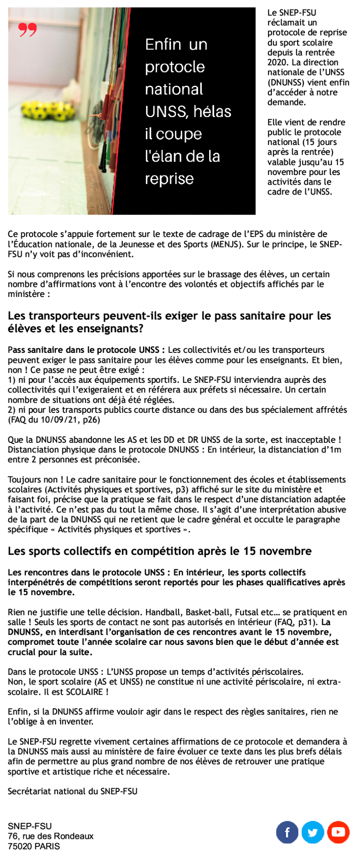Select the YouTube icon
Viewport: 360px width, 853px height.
pyautogui.click(x=338, y=832)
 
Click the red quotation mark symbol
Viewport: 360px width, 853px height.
pyautogui.click(x=27, y=30)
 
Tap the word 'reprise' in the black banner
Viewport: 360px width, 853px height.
pyautogui.click(x=169, y=179)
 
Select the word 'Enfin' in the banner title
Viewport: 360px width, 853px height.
pyautogui.click(x=163, y=45)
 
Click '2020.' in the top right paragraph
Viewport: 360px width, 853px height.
pyautogui.click(x=276, y=62)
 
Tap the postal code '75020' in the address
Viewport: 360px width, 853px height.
pyautogui.click(x=20, y=846)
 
